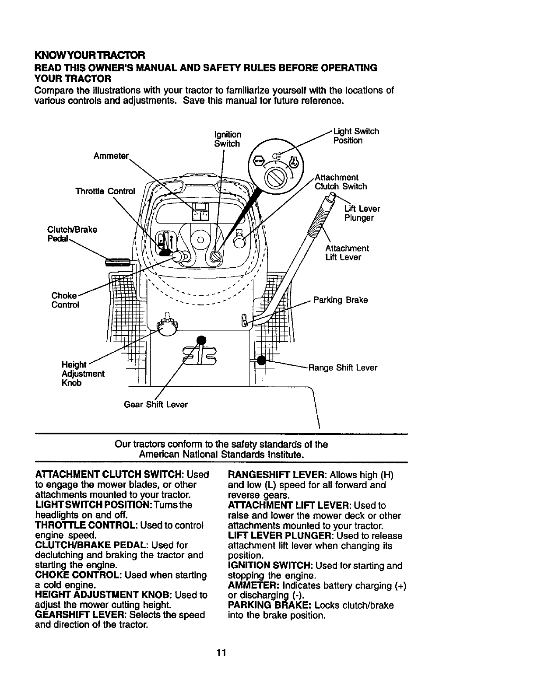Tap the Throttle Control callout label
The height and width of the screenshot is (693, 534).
tap(105, 191)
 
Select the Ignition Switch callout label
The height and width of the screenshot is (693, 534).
tap(227, 139)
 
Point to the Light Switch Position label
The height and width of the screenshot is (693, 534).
tap(356, 136)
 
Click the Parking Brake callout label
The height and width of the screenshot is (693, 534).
tap(341, 300)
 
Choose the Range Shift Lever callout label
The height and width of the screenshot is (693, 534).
tap(343, 367)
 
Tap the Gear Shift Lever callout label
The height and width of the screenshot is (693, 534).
tap(156, 405)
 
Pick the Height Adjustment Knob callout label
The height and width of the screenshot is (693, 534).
tap(83, 374)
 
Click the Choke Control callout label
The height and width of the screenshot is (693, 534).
tap(65, 300)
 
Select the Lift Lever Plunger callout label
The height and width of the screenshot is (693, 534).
tap(362, 213)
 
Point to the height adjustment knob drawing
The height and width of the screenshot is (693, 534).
tap(166, 326)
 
